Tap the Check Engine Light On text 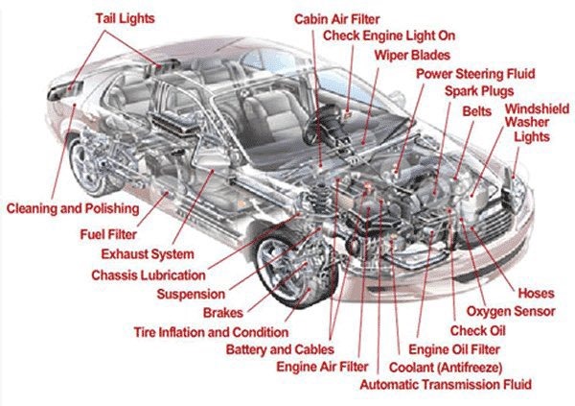coord(387,36)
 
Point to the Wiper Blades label coord(413,54)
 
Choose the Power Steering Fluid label coord(475,74)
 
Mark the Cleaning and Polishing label coord(73,208)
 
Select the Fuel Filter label coord(107,233)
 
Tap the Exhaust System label coord(148,254)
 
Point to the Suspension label coord(191,295)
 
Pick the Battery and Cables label coord(281,349)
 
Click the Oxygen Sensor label coord(511,312)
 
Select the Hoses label coord(535,293)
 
